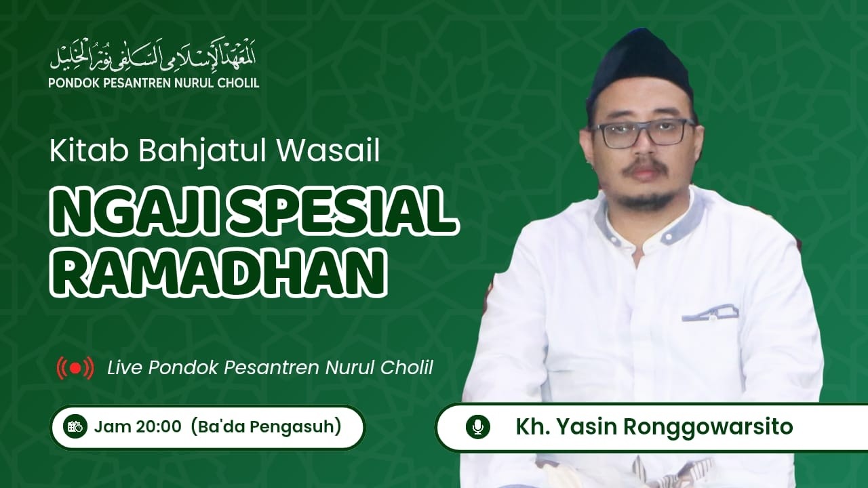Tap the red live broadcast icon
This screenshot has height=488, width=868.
[75, 368]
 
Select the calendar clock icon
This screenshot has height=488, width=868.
[75, 426]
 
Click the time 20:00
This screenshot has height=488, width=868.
[157, 426]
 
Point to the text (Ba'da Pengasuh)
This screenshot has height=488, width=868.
[266, 426]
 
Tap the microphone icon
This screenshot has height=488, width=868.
[477, 427]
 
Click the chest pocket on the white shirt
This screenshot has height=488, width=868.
[710, 313]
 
